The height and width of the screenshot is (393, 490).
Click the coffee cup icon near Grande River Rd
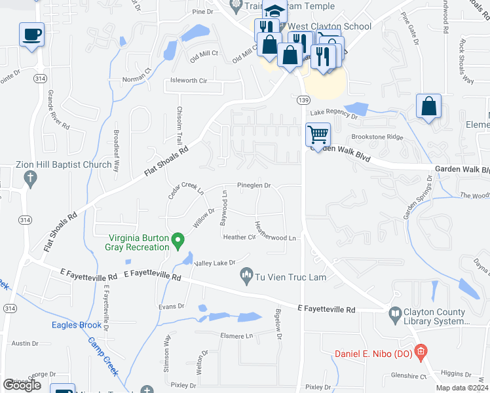31,34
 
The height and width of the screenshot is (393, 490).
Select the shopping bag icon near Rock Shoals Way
428,106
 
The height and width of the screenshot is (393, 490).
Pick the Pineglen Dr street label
254,186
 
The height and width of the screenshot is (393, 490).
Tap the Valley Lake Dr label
214,263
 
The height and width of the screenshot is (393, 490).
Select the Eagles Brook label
77,325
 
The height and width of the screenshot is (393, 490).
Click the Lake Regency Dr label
333,114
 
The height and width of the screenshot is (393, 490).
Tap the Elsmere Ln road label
236,335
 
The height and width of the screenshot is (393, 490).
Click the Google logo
22,385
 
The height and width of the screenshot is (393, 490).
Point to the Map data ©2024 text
462,388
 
